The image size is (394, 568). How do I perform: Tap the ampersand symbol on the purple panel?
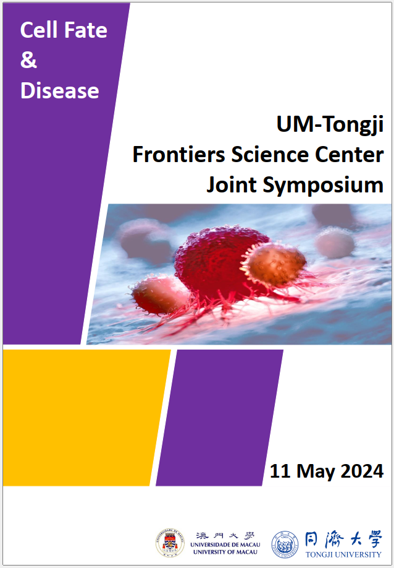(28, 60)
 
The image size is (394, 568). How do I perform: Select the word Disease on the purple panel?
(60, 90)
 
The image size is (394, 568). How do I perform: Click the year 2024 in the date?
(362, 471)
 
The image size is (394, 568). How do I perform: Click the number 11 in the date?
(280, 471)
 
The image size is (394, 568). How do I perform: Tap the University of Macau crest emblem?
(170, 542)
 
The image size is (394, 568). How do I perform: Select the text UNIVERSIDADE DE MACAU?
(225, 545)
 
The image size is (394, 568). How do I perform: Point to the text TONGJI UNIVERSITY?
(343, 554)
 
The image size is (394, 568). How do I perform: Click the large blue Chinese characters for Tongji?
(343, 540)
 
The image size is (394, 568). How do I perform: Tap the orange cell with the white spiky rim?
(274, 264)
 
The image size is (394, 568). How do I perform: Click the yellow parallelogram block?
(86, 417)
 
